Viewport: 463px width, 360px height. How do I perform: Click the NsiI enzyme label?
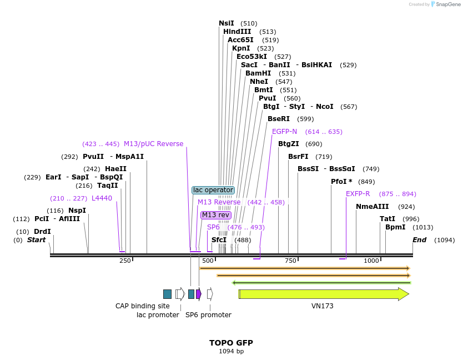coord(227,23)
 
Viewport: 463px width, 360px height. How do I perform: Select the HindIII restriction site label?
coord(237,32)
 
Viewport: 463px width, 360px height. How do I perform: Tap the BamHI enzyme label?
coord(258,73)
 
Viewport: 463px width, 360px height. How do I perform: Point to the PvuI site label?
coord(267,98)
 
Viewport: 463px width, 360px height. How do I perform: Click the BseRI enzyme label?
coord(279,119)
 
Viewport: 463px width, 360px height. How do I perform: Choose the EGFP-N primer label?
coord(284,132)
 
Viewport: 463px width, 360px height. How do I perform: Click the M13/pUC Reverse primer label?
coord(153,144)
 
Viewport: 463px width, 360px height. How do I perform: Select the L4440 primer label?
coord(102,198)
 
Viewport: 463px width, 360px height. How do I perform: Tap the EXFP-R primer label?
coord(358,194)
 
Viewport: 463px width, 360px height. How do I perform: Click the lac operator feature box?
coord(213,190)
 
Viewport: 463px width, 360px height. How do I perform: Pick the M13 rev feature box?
coord(215,215)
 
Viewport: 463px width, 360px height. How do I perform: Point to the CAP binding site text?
coord(143,306)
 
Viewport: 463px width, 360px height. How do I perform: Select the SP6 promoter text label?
coord(208,315)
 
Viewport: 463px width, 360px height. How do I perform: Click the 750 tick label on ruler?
coord(290,261)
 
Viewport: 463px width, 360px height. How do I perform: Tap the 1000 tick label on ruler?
coord(371,261)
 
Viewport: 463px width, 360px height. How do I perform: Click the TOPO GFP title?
coord(231,343)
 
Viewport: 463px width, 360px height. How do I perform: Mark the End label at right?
coord(419,240)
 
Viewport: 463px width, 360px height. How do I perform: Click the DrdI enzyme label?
coord(42,232)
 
